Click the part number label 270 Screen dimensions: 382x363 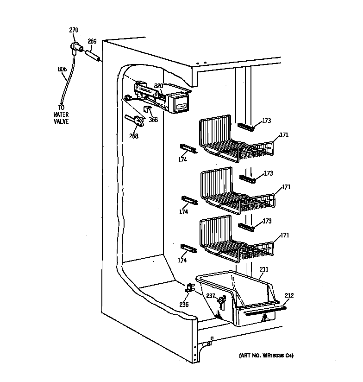74,31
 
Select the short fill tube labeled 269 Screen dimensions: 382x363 94,56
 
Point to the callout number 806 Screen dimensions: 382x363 62,70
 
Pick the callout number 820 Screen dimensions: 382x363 159,86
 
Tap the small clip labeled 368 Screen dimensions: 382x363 147,109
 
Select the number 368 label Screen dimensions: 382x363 153,120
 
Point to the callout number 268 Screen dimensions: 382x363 133,136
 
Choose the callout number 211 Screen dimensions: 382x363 264,269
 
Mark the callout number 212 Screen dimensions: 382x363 289,295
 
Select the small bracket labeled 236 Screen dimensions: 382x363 190,288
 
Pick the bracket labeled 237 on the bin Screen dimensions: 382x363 221,302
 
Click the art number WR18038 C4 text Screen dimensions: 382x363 266,356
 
